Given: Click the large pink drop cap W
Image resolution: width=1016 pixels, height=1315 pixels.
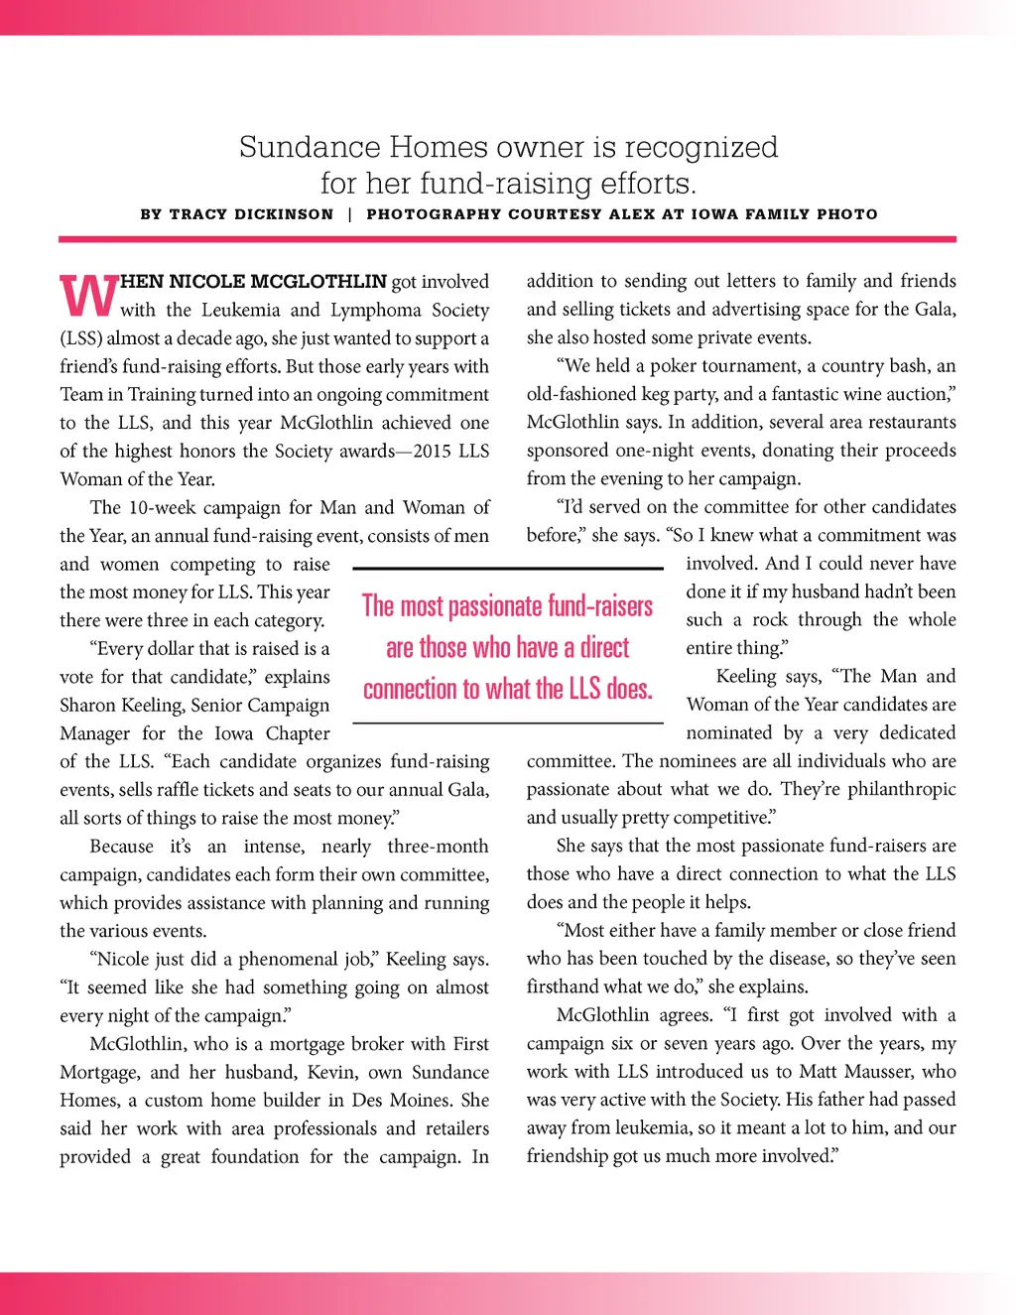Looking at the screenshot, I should [88, 294].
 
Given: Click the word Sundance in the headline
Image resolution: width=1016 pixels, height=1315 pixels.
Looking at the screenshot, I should [310, 148].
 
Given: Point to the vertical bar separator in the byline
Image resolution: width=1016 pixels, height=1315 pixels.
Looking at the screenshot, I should [350, 214].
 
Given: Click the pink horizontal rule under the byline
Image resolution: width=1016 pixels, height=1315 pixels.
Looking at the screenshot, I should [507, 239].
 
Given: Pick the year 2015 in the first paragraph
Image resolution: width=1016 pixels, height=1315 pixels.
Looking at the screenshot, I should [433, 452].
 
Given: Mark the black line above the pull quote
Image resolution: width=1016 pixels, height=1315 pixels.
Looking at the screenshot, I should [507, 569].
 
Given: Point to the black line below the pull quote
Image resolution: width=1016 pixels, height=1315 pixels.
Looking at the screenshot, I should [507, 723].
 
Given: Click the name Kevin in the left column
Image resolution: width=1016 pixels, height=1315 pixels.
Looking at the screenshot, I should [333, 1073].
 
